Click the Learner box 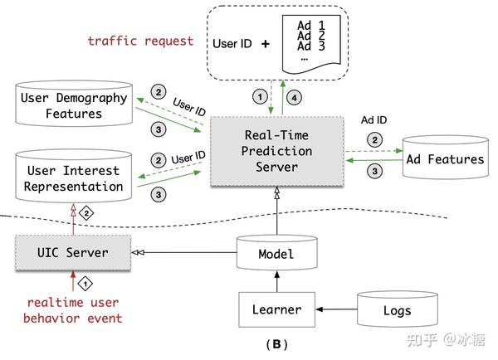(x=276, y=310)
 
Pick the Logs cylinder (x=397, y=310)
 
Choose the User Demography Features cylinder (x=73, y=105)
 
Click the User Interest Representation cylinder (x=73, y=178)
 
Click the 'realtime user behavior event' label (x=75, y=310)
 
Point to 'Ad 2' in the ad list (x=310, y=36)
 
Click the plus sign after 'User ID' (x=266, y=41)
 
